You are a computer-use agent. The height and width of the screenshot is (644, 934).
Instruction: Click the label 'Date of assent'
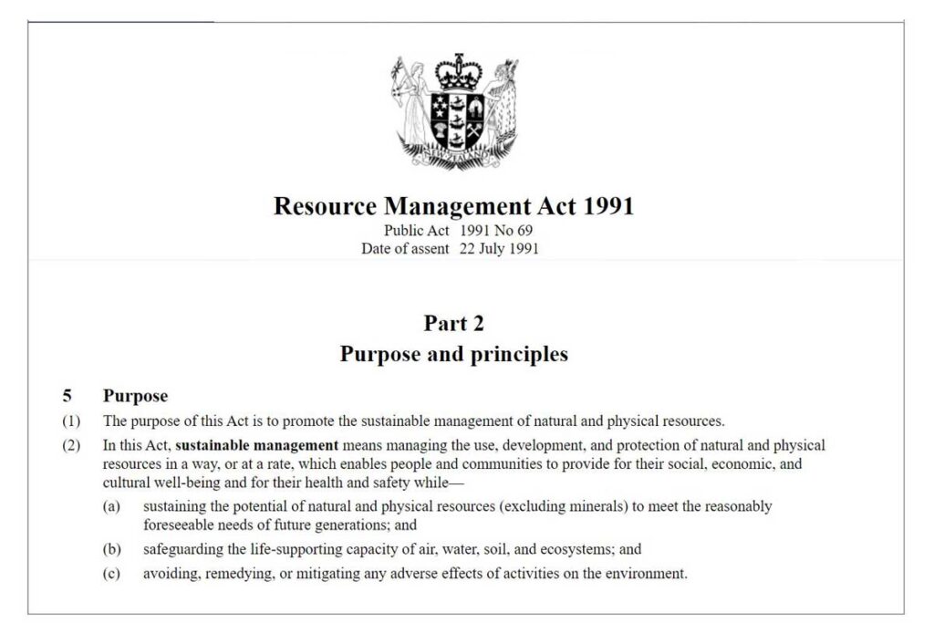click(405, 248)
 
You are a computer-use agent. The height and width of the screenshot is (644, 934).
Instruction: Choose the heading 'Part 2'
click(453, 323)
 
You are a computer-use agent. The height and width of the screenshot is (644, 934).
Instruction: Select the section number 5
click(67, 396)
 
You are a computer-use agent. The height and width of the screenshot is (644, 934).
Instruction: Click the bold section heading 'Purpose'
click(135, 396)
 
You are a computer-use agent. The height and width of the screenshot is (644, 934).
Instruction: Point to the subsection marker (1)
click(71, 421)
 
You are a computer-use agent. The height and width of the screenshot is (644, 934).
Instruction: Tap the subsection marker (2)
click(71, 446)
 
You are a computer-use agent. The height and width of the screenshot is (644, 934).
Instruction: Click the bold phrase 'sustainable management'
click(256, 446)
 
